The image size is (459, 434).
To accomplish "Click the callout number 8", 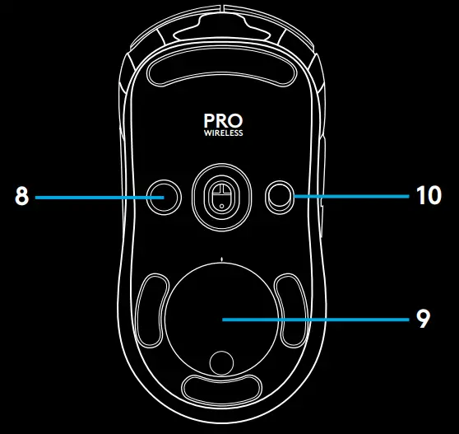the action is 22,196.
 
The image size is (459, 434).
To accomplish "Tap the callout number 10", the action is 429,195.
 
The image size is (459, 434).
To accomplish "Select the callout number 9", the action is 423,319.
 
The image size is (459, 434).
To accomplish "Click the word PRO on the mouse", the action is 224,121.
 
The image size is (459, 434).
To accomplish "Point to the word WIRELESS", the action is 224,133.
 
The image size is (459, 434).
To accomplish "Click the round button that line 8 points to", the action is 164,197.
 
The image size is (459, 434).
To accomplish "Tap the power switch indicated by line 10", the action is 280,197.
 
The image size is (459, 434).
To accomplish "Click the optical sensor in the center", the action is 221,197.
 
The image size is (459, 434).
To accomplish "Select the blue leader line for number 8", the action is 100,198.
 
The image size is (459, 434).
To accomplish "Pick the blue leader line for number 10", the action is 351,196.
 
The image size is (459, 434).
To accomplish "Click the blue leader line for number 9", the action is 316,320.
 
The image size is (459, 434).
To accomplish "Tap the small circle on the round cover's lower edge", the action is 221,363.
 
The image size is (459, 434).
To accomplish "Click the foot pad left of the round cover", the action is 152,310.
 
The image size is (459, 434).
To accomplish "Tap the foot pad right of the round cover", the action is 291,310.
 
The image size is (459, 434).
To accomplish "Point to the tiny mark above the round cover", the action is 221,259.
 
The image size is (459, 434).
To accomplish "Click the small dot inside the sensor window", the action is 221,207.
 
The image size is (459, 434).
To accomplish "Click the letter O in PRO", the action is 235,121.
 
